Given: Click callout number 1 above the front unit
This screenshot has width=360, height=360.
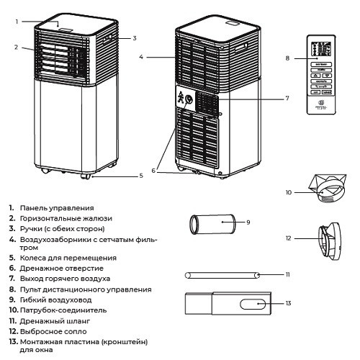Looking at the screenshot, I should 16,22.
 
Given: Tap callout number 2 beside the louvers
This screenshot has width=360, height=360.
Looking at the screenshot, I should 16,48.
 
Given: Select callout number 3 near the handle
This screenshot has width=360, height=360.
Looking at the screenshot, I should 135,37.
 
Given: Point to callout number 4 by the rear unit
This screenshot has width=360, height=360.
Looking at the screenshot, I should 143,56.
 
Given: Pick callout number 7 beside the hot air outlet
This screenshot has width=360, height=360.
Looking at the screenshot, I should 287,98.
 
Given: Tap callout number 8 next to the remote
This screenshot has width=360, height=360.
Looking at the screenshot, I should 287,58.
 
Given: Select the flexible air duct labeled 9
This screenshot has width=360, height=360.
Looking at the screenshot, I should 213,224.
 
